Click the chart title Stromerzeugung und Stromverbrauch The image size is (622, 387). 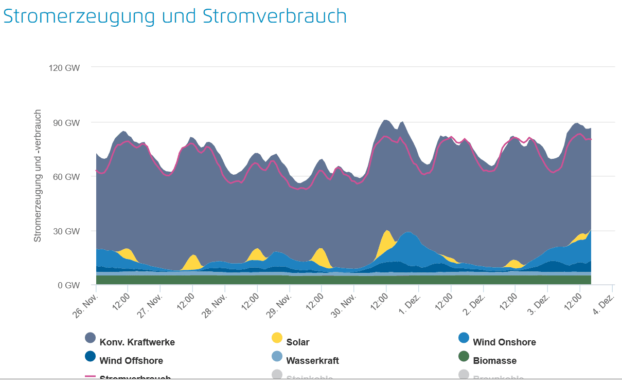175,16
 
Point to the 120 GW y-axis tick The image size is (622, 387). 65,67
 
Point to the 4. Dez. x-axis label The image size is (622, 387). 602,304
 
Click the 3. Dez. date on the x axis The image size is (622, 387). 537,304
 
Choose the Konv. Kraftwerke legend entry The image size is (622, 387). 137,342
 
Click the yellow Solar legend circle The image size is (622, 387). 277,338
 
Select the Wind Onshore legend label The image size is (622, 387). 504,342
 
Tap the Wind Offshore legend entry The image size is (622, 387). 131,361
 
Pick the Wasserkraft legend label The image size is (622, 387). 312,361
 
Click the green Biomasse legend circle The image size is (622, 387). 464,356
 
